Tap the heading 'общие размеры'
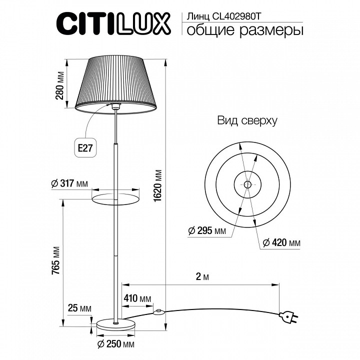[244, 30]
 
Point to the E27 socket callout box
[85, 148]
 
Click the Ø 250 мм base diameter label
[116, 344]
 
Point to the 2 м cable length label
[202, 277]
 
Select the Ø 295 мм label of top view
[207, 230]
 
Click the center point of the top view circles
[247, 184]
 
